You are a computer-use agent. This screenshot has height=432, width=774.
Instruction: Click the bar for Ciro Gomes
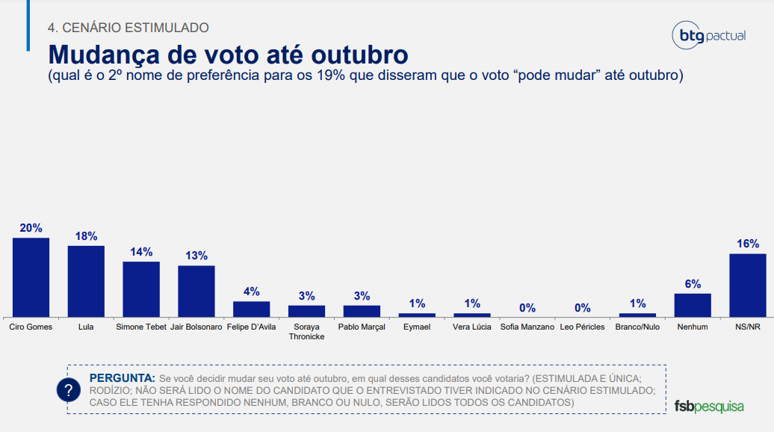(x=31, y=277)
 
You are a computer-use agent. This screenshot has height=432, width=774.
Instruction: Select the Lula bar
(x=86, y=281)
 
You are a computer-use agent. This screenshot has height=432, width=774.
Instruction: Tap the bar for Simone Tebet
(x=141, y=289)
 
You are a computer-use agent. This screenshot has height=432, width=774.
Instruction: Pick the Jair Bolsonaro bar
(x=196, y=291)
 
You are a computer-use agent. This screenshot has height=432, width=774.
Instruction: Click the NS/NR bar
(x=748, y=286)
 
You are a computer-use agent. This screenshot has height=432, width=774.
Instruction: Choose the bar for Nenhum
(x=693, y=305)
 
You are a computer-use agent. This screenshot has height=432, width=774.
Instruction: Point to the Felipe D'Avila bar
(x=251, y=309)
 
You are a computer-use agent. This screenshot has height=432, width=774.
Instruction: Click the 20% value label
(x=31, y=228)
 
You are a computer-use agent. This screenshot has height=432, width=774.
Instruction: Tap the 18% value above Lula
(x=86, y=236)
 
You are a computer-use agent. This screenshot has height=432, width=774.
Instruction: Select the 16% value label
(x=748, y=244)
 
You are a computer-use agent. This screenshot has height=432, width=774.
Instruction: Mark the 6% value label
(x=693, y=284)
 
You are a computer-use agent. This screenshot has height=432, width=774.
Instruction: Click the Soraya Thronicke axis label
(x=306, y=331)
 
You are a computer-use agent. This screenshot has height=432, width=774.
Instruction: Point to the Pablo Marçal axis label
(x=362, y=327)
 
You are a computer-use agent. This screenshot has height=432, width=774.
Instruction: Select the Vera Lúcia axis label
(x=472, y=327)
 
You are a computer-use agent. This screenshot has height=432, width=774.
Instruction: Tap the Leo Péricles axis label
(x=582, y=327)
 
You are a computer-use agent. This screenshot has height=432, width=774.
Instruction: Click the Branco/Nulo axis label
(x=637, y=327)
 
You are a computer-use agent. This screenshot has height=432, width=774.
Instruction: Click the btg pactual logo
(x=709, y=35)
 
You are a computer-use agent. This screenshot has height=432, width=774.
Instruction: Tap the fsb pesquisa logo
(x=709, y=407)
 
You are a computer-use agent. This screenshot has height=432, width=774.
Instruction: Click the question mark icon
(x=69, y=390)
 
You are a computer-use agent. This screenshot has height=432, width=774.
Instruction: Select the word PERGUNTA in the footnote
(x=122, y=377)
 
